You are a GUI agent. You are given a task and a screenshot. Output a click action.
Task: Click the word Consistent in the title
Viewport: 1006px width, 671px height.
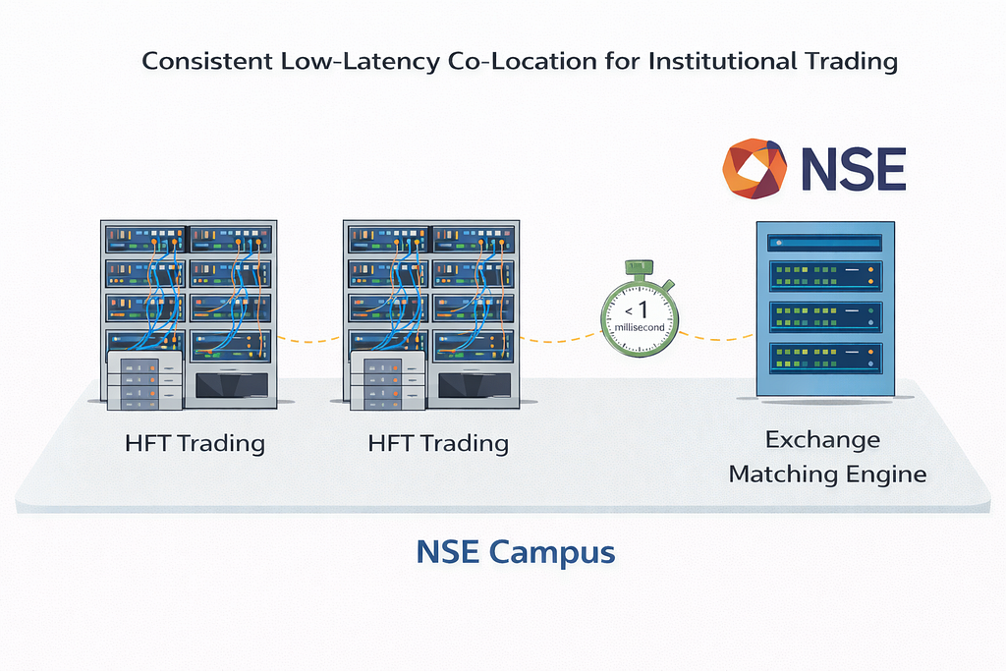point(207,61)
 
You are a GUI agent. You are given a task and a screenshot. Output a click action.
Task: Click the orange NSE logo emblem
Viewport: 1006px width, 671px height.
point(754,169)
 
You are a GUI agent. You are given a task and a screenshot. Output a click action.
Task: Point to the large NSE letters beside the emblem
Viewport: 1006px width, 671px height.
point(854,169)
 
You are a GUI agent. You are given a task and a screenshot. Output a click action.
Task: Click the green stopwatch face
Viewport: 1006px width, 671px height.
point(640,319)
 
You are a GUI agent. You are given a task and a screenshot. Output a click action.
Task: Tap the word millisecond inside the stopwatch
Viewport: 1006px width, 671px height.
point(640,327)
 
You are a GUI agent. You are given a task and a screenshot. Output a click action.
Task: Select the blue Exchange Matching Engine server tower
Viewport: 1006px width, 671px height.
point(825,308)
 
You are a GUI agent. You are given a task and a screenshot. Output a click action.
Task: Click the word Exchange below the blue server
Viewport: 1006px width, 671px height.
point(822,440)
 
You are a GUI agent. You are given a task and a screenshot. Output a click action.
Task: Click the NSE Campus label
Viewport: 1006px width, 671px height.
point(516,552)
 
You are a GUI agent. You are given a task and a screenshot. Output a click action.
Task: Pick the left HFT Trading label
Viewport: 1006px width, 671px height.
point(196,443)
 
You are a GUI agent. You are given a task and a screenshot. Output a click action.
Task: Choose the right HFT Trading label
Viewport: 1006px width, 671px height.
point(438,443)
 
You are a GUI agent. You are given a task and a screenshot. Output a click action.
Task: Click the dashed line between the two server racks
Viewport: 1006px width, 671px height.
point(309,340)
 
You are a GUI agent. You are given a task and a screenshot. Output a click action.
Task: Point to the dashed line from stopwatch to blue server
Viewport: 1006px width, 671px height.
point(716,336)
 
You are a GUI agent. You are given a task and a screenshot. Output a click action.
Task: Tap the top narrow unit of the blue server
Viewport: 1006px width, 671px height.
point(825,243)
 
